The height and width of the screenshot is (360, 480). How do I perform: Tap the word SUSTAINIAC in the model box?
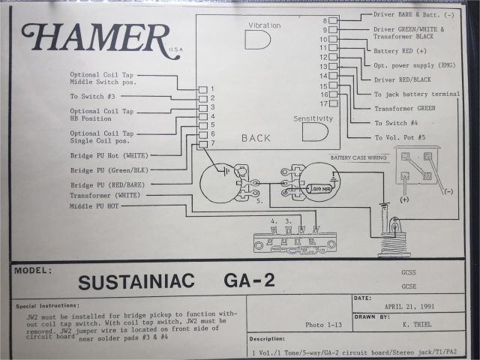tap(136, 280)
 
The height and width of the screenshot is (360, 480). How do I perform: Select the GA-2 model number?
tap(249, 280)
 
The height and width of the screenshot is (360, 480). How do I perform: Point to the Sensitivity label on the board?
tap(312, 120)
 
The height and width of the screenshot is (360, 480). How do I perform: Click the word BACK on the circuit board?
tap(256, 138)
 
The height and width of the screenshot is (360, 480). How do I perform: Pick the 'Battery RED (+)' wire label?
tap(400, 51)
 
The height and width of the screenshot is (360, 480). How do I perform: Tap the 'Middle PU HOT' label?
tap(94, 205)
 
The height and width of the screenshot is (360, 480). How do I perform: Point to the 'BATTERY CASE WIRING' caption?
tap(360, 158)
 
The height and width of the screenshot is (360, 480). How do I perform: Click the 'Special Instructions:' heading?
tap(47, 306)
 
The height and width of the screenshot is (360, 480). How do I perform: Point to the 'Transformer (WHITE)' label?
tap(104, 195)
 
